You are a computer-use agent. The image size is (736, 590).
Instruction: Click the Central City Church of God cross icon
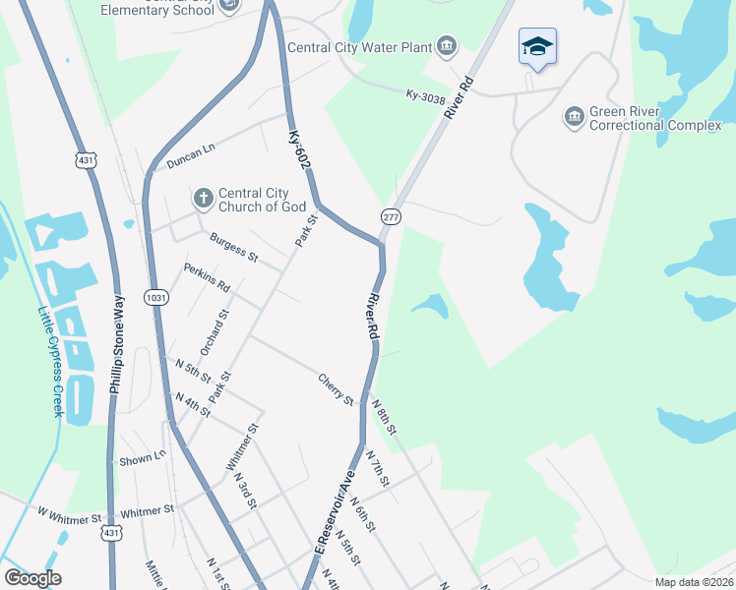pyautogui.click(x=203, y=199)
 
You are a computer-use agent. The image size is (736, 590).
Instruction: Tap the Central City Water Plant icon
pyautogui.click(x=448, y=46)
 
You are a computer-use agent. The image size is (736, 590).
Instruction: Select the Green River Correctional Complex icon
pyautogui.click(x=573, y=118)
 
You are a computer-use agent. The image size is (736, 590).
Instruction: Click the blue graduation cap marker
pyautogui.click(x=537, y=47)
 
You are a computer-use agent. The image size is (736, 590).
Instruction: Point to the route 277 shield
pyautogui.click(x=391, y=216)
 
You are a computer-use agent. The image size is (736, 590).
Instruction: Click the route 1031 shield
pyautogui.click(x=156, y=297)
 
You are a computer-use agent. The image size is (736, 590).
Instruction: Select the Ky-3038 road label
pyautogui.click(x=426, y=95)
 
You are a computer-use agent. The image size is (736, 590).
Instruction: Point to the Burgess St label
pyautogui.click(x=233, y=248)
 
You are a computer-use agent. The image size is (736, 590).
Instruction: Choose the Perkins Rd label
pyautogui.click(x=207, y=278)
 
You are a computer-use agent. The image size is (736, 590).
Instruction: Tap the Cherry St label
pyautogui.click(x=336, y=387)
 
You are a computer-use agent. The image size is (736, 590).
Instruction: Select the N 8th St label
pyautogui.click(x=384, y=417)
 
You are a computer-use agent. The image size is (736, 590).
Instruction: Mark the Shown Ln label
pyautogui.click(x=143, y=457)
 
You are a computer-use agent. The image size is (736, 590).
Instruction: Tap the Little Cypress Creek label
pyautogui.click(x=50, y=362)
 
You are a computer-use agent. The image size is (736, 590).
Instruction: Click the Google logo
pyautogui.click(x=32, y=578)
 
